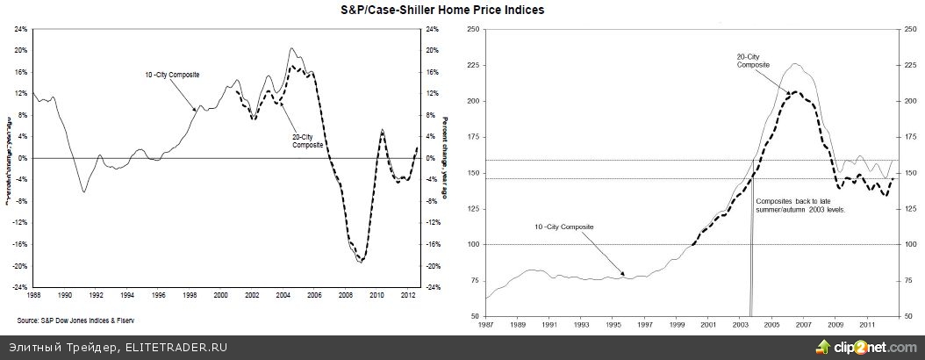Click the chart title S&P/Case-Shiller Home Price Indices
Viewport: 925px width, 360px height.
pyautogui.click(x=462, y=11)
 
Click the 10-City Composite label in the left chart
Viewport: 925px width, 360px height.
pyautogui.click(x=172, y=75)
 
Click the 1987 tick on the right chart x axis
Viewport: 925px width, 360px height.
pyautogui.click(x=485, y=324)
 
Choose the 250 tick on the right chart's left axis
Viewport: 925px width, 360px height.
pyautogui.click(x=474, y=29)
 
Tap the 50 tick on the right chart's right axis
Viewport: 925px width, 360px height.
pyautogui.click(x=907, y=315)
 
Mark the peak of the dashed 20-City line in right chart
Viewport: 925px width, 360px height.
pyautogui.click(x=794, y=91)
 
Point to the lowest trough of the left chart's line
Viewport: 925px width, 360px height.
pyautogui.click(x=360, y=262)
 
